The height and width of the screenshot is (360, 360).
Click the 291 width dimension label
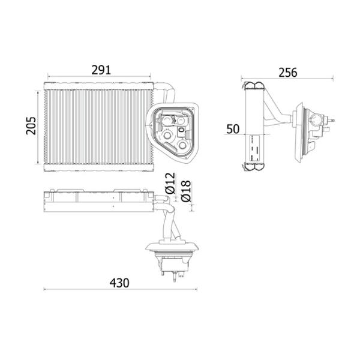(x=101, y=70)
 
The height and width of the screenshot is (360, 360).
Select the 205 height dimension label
(x=31, y=125)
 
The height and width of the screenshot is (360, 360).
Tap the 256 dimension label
(x=287, y=73)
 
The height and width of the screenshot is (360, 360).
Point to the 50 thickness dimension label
(x=233, y=129)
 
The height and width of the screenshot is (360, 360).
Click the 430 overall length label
(x=119, y=283)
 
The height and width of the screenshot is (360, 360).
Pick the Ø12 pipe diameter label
(x=170, y=183)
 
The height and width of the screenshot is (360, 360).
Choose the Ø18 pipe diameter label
(x=186, y=191)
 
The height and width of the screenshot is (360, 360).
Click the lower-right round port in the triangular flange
(x=183, y=145)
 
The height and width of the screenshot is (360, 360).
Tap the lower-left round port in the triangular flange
(x=167, y=135)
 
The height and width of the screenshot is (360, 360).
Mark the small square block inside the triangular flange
(x=181, y=130)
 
